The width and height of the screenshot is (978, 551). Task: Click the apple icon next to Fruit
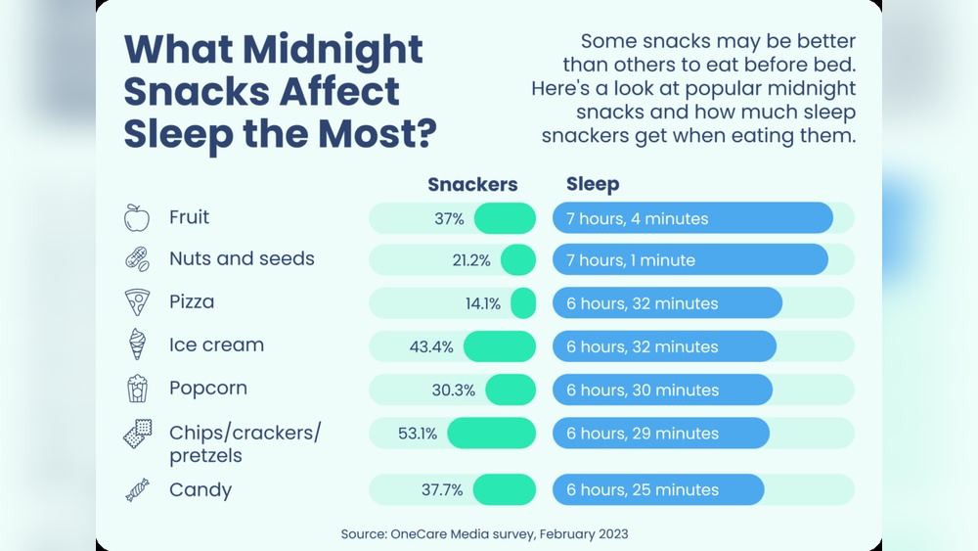137,217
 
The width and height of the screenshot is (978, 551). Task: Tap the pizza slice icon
137,302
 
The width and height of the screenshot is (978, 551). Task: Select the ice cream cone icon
137,344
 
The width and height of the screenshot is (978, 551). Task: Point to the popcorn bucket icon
137,389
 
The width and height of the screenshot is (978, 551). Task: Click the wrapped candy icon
137,490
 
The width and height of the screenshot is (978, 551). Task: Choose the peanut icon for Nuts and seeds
137,259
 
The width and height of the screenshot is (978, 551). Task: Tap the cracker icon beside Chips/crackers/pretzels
137,433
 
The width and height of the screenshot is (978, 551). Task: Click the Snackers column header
472,185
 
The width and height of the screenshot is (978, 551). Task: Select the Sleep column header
593,184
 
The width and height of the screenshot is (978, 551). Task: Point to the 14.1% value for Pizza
482,303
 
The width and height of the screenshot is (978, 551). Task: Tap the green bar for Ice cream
500,346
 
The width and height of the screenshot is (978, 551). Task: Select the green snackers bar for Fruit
505,218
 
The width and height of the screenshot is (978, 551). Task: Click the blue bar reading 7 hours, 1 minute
689,260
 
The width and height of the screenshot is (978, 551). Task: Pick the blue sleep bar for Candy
657,489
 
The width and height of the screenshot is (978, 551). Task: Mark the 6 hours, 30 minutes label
642,390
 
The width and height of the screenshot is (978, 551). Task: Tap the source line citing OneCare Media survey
484,533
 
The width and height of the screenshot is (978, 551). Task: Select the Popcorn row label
207,388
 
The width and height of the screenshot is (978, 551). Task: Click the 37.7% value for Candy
442,489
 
